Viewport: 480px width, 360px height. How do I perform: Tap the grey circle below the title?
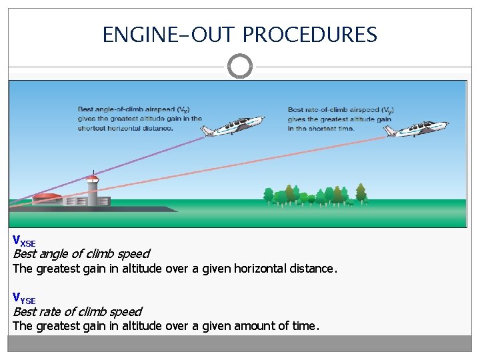pos(240,66)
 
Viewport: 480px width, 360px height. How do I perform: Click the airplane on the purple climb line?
pos(233,125)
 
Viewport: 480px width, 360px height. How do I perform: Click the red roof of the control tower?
pos(93,178)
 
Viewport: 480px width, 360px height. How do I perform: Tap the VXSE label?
pos(24,241)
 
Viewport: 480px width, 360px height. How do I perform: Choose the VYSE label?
pos(24,298)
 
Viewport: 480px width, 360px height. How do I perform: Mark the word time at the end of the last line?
pos(306,327)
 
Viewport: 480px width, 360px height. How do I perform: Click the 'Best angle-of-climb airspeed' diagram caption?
pos(140,118)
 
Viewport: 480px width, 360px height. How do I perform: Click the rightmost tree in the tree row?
pos(361,193)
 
